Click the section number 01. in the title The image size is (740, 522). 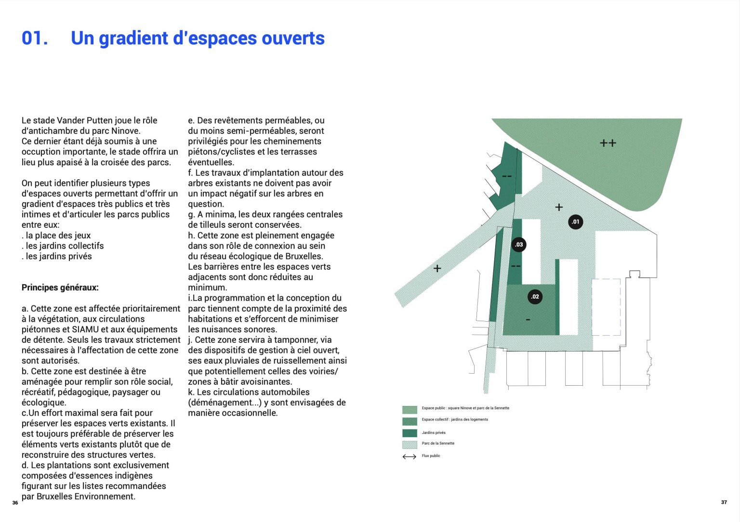35,39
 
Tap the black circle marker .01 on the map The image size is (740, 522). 575,222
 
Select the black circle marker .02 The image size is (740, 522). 535,297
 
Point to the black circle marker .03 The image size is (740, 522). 518,245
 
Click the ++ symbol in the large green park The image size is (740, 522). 608,143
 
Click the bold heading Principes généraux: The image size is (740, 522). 60,287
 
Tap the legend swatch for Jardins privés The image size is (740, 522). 410,433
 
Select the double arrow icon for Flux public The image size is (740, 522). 409,457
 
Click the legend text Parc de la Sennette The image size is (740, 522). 438,444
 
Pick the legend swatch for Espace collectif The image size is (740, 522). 410,421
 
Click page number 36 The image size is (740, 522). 15,503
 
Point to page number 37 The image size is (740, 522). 724,502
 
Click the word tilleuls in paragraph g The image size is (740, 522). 212,225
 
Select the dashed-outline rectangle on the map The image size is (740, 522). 606,307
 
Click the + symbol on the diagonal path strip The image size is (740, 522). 437,268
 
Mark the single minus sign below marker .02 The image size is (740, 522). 528,320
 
